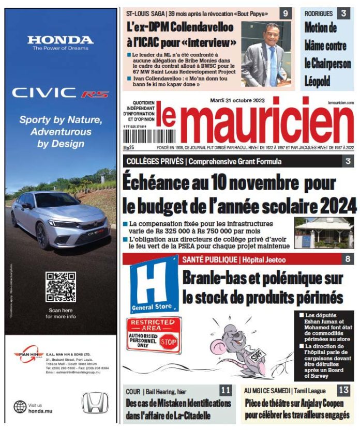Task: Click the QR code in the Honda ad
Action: (x=61, y=287)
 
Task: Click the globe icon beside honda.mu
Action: (x=20, y=407)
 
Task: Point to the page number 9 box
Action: (x=285, y=13)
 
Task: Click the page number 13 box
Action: (x=344, y=391)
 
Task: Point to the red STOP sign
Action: (x=169, y=342)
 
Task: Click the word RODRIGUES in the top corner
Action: (x=319, y=13)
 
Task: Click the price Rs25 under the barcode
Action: (x=128, y=148)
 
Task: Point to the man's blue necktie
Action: (x=273, y=67)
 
